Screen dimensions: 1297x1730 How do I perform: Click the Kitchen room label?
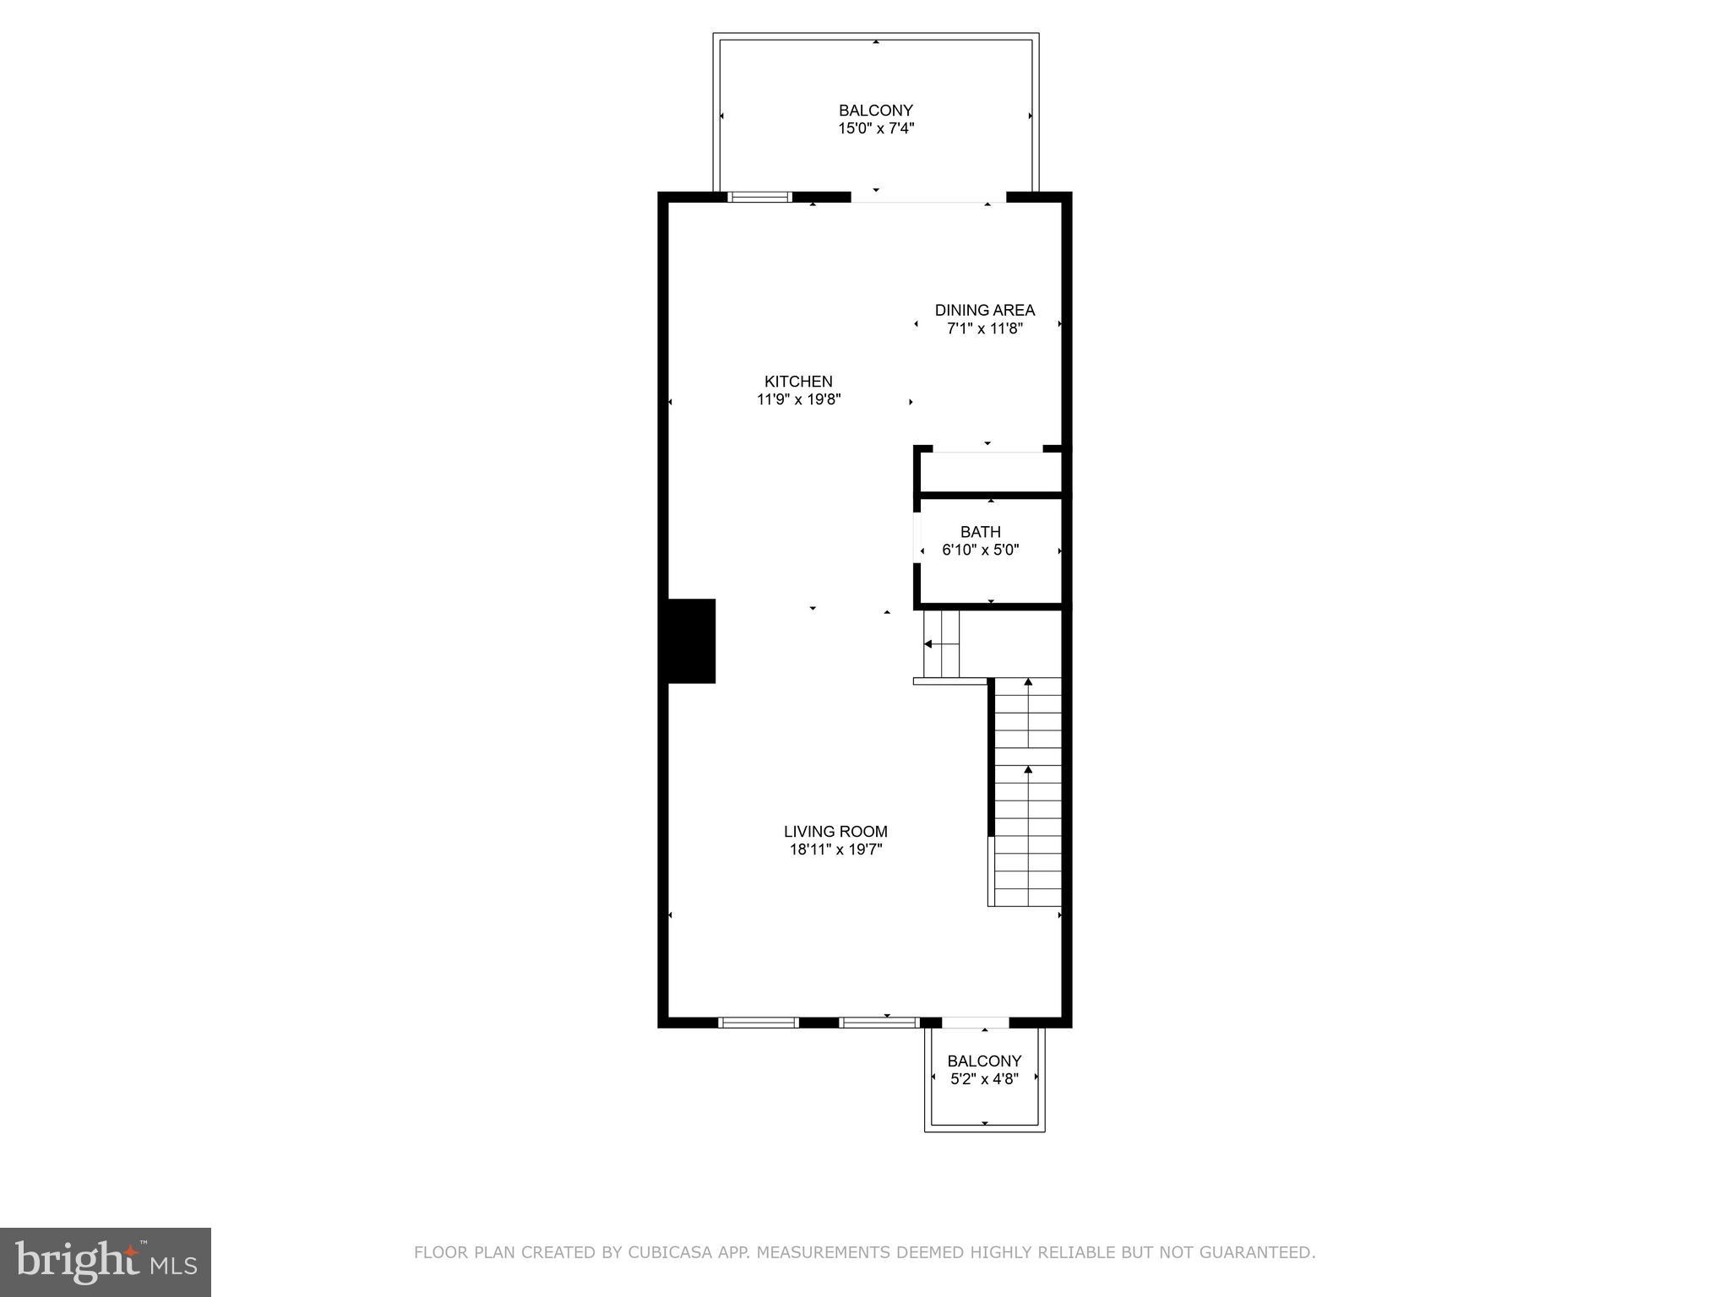798,381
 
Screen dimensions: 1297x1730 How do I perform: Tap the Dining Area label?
984,310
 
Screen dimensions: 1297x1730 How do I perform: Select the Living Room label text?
835,831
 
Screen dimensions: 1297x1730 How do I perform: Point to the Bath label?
980,532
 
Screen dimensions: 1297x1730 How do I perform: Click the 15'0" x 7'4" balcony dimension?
876,128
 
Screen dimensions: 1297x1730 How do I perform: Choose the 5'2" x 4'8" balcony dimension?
984,1078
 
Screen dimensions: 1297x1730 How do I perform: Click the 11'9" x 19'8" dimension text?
798,399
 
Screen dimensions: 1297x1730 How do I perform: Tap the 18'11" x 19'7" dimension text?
835,849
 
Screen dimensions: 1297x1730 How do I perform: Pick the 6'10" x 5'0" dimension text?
980,550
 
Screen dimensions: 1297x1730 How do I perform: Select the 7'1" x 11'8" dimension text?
984,328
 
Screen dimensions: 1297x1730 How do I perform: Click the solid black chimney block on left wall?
692,641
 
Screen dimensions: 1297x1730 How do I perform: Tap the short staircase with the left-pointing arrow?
941,643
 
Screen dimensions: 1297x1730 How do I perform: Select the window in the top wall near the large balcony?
759,197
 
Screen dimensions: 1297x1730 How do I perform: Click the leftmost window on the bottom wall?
758,1023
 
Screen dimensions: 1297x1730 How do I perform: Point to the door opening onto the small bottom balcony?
975,1023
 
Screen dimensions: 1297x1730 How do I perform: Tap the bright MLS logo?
106,1262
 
